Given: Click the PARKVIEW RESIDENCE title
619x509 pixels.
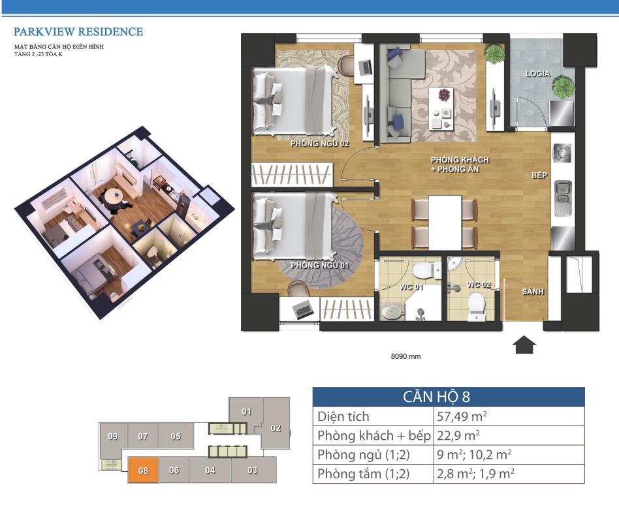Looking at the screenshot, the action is coord(78,31).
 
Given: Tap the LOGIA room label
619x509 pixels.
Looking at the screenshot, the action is coord(537,73).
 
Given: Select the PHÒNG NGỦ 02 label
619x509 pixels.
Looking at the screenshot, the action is coord(319,143).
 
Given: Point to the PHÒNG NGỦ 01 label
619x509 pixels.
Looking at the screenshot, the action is coord(319,265).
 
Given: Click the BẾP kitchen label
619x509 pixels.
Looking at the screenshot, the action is coord(539,175).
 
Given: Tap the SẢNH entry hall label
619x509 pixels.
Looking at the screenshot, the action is coord(533,292).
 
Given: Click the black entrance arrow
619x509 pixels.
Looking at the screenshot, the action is coord(524,345).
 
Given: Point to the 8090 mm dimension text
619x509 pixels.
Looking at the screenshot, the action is coord(406,356).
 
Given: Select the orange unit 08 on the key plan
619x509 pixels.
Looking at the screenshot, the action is coord(143,470).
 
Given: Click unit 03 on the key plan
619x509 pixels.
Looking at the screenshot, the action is coord(253,470).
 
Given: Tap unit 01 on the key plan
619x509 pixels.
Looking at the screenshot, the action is coord(246,412).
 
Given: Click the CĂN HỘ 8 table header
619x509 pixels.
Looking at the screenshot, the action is coord(436,397).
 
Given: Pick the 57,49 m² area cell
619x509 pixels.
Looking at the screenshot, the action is coord(462,416).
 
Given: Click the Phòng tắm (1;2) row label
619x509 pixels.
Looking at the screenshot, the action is coord(364,474).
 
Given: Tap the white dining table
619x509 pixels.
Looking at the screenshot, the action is coord(445,223).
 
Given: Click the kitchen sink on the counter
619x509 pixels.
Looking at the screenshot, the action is coord(563,198).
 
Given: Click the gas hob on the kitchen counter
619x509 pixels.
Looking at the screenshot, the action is coord(562,153).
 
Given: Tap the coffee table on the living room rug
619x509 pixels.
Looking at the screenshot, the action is coord(441,109).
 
